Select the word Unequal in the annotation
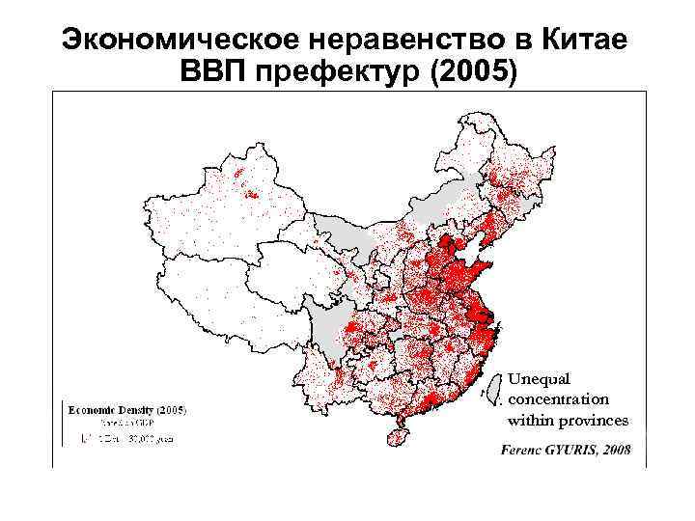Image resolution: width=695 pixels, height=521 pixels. point(540,378)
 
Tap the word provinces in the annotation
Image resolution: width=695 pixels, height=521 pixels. point(590,420)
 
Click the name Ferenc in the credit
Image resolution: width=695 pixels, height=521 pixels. point(524,450)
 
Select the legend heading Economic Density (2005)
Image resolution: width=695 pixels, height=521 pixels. point(125,408)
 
